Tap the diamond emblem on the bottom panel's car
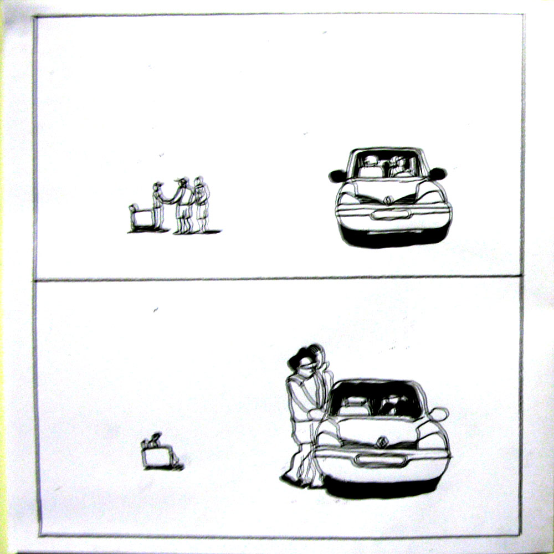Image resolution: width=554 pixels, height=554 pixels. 382,442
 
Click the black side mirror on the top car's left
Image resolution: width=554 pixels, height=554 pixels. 337,176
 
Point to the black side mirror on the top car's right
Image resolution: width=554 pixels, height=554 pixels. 437,174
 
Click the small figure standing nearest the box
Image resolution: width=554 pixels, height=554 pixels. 158,205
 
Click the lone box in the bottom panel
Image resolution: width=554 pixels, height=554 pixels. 157,456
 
